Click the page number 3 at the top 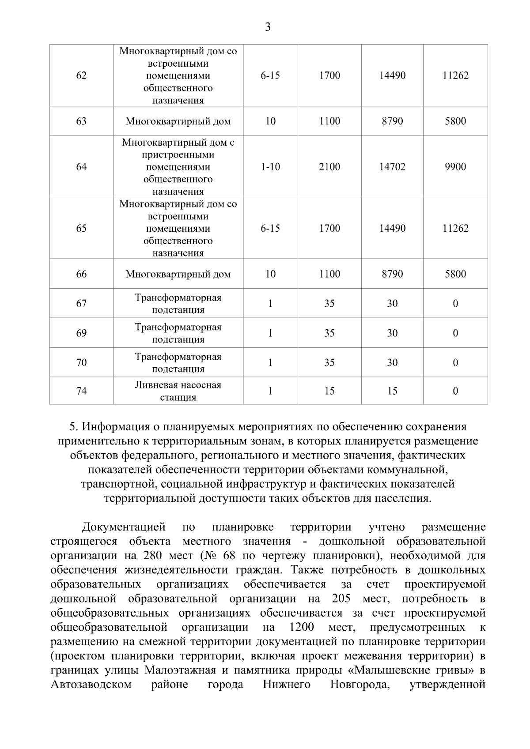[x=268, y=27]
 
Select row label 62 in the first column [x=81, y=75]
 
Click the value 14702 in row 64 [x=392, y=167]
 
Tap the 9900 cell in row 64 [x=455, y=167]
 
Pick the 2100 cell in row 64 [x=329, y=167]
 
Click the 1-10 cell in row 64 [x=270, y=167]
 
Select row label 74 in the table [x=81, y=391]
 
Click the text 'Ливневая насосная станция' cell [x=178, y=391]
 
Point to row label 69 [x=81, y=333]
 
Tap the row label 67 [x=81, y=303]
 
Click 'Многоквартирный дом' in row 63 [x=178, y=121]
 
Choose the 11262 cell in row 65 [x=455, y=228]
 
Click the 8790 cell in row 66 [x=392, y=274]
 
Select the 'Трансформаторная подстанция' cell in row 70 [x=178, y=362]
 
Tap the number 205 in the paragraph [x=340, y=598]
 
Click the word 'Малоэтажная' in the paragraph [x=180, y=670]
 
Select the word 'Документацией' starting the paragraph [x=124, y=527]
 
